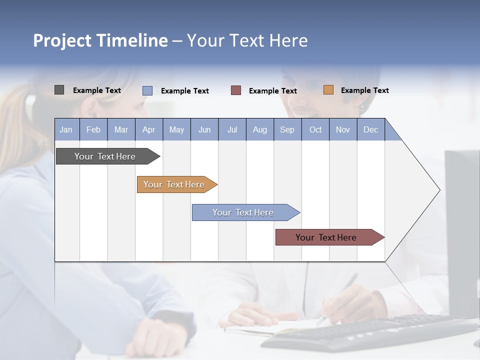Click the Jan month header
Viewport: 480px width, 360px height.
pos(66,129)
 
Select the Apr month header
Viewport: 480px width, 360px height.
pos(148,129)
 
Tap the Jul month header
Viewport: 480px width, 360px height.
pos(232,129)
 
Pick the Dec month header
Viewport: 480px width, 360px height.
pos(370,129)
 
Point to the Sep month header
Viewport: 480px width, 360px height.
pos(287,129)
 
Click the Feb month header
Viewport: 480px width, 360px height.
pos(93,129)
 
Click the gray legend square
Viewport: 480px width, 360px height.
pos(59,90)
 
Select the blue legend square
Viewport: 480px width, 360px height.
pos(147,90)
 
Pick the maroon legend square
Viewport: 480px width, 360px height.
pos(236,90)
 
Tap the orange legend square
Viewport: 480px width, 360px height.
pos(328,90)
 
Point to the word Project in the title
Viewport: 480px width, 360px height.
pos(62,40)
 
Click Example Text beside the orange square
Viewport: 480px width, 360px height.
pos(364,90)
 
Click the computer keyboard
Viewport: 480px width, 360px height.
pos(370,332)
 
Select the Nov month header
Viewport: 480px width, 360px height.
pos(343,129)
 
